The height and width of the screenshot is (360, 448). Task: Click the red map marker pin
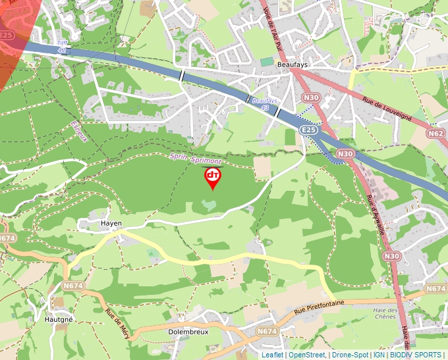click(x=213, y=177)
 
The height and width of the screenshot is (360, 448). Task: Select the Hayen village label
click(x=111, y=223)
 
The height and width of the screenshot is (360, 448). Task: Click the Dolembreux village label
click(x=188, y=332)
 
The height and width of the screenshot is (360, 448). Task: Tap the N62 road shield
click(x=435, y=133)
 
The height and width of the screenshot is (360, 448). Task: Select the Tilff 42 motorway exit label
click(x=62, y=46)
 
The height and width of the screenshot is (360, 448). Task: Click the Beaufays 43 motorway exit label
click(x=264, y=103)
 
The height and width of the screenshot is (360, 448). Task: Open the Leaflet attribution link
click(x=272, y=355)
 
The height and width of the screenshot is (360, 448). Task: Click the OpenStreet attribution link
click(x=307, y=355)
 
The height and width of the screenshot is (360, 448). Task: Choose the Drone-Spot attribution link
click(x=350, y=355)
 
